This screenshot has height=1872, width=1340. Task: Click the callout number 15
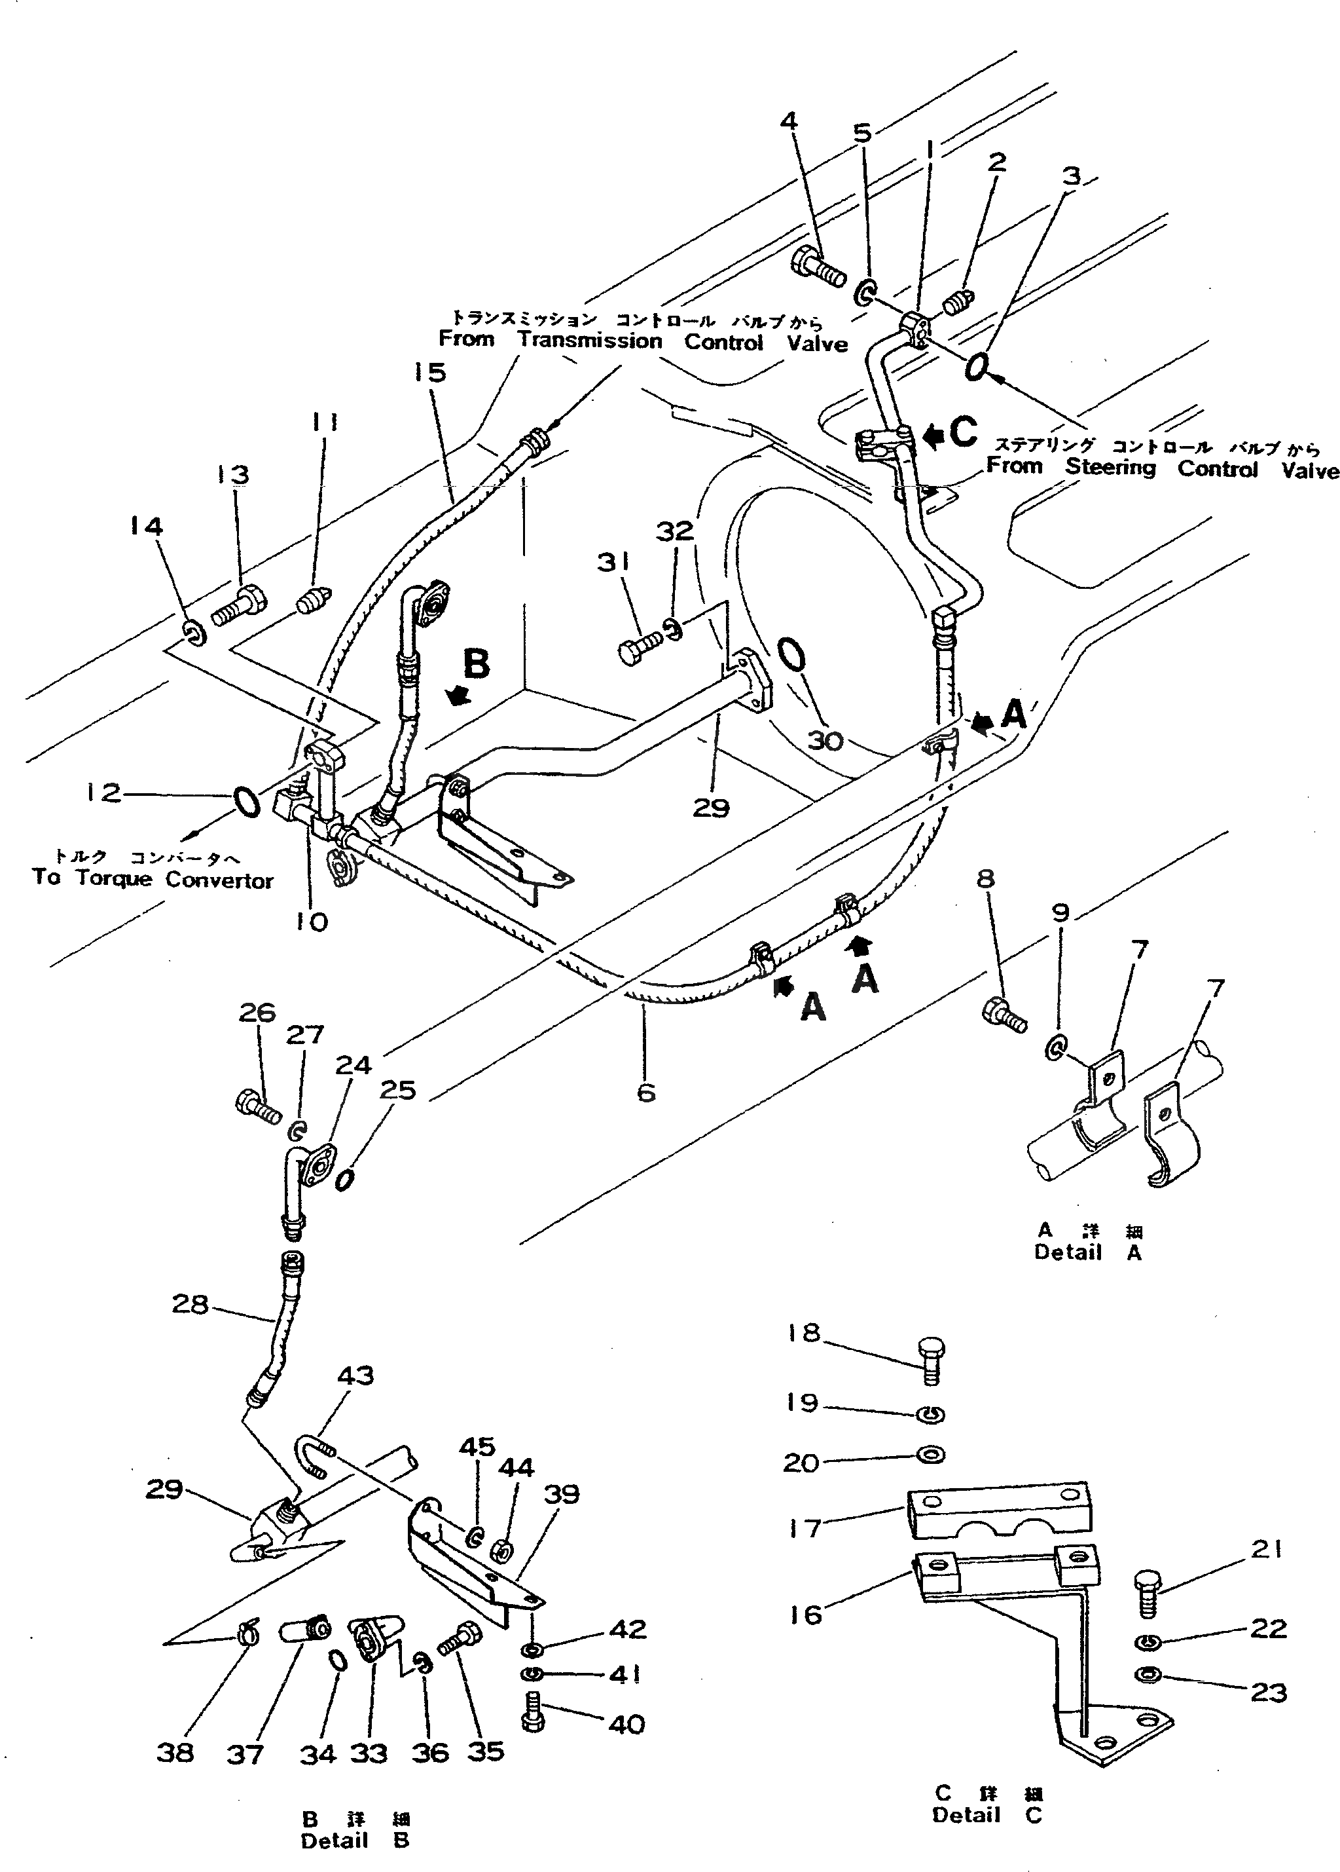(x=430, y=372)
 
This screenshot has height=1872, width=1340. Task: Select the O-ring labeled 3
(x=976, y=367)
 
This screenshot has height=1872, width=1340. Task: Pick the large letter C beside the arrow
(x=963, y=432)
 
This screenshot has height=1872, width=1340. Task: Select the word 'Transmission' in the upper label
(x=590, y=341)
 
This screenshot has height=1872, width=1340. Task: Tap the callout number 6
(x=646, y=1093)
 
